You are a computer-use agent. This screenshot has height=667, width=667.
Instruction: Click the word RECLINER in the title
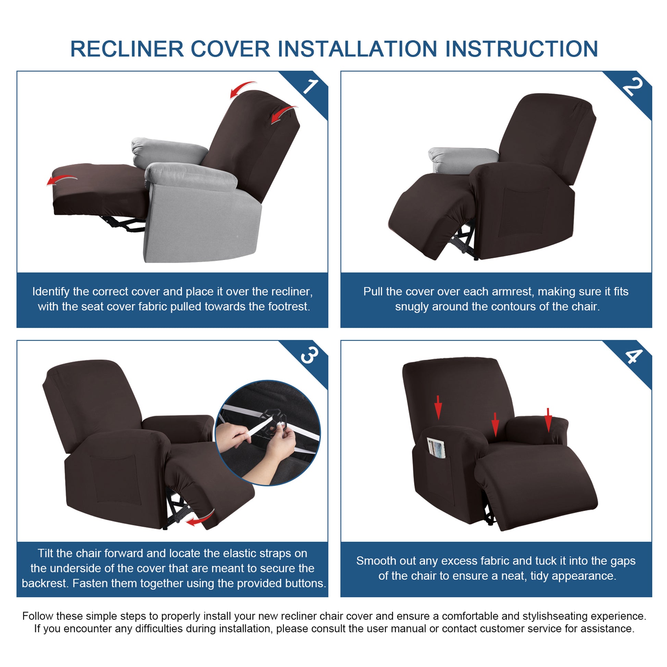(x=127, y=49)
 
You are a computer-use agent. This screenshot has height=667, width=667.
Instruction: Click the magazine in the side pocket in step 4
(x=436, y=448)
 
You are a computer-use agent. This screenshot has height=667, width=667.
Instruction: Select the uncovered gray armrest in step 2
(x=463, y=160)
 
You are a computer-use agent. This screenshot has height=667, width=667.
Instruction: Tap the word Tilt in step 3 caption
(x=46, y=554)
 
